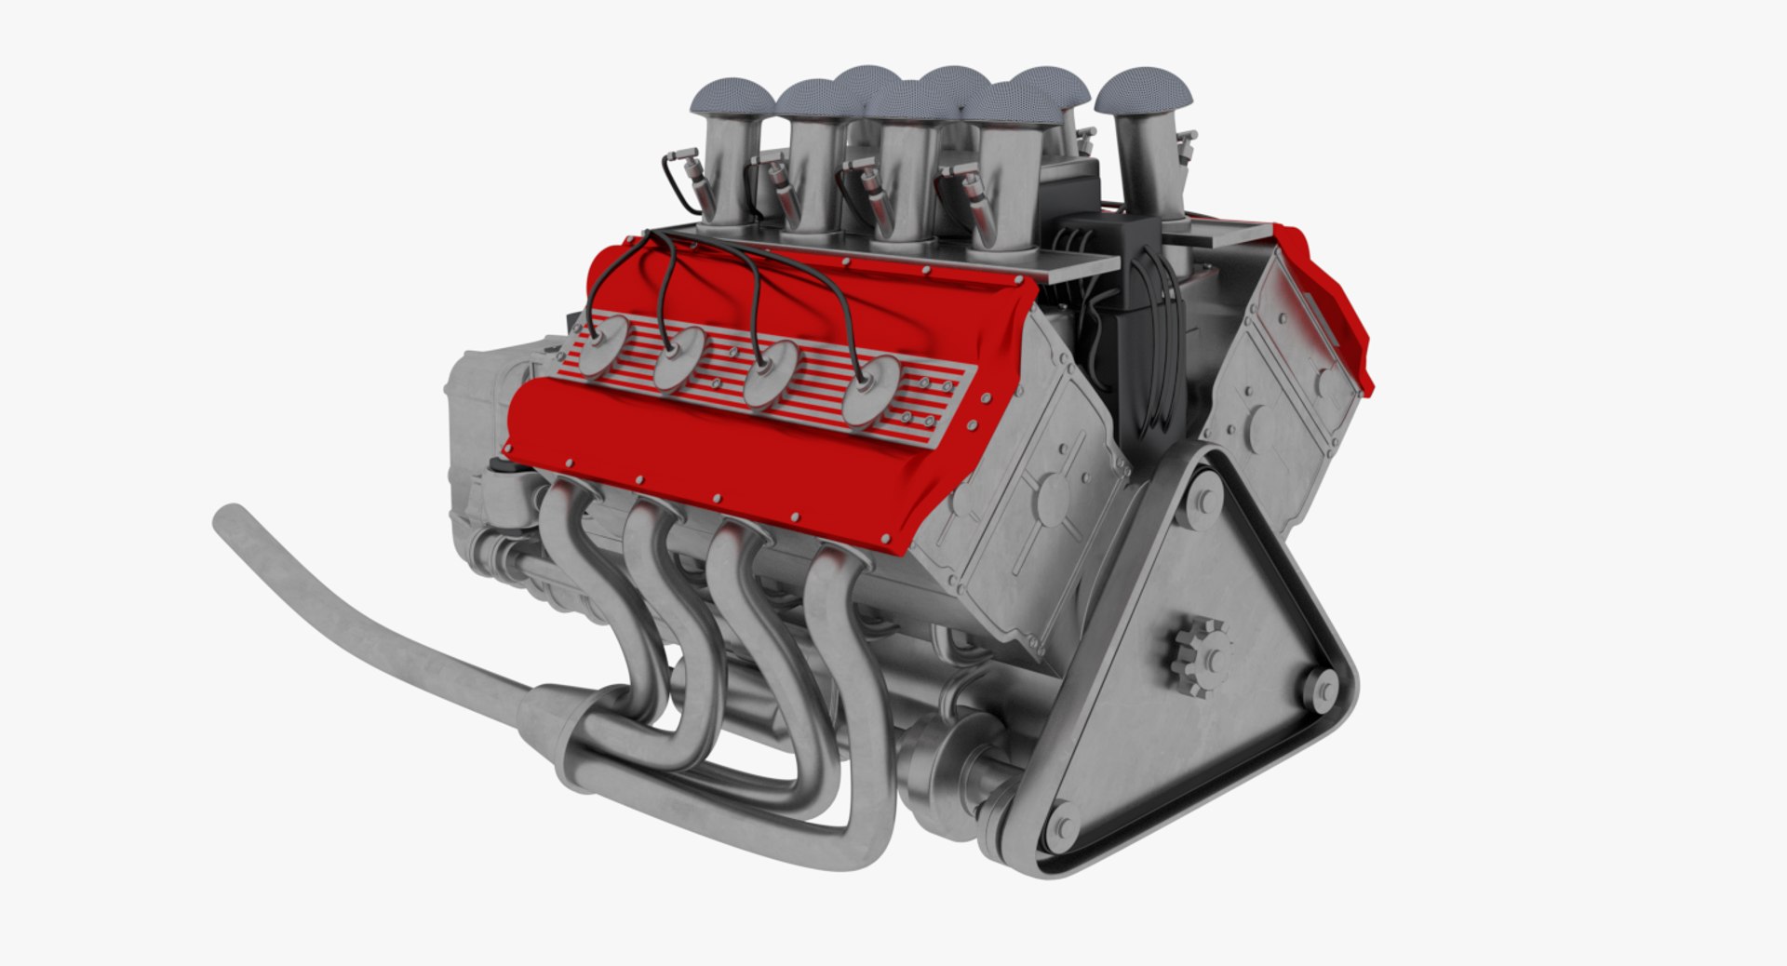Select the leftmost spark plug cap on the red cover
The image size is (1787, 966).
coord(603,341)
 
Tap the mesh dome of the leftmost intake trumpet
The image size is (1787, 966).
coord(729,101)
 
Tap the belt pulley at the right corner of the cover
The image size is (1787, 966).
coord(1319,690)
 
